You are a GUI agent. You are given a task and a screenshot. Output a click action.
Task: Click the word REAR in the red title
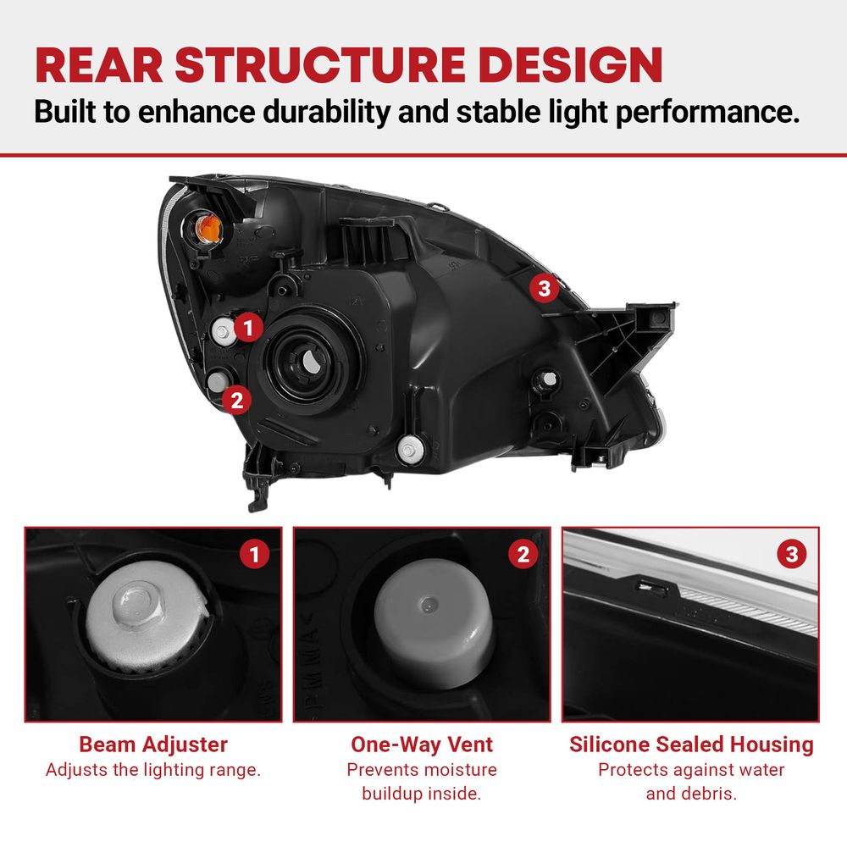99,65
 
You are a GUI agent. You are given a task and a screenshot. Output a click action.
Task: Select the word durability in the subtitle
326,112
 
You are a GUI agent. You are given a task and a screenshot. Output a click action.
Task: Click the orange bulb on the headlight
208,229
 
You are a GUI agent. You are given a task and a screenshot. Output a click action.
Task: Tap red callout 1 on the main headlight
248,327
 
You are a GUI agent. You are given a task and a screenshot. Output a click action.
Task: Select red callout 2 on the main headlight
237,401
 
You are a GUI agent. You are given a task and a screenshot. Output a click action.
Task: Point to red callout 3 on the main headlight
544,288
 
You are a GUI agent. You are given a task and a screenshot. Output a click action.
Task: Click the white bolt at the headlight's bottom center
408,449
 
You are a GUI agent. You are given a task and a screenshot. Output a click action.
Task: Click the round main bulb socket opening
309,361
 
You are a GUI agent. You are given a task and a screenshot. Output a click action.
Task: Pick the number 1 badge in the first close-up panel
254,554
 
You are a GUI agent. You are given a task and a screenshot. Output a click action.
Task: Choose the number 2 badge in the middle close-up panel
523,554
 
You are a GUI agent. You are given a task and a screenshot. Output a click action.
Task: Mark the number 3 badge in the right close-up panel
792,554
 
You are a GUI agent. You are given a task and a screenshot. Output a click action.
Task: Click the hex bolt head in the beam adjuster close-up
137,602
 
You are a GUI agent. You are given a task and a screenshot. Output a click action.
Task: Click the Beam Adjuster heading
153,745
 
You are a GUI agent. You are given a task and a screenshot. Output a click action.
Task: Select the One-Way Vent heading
422,745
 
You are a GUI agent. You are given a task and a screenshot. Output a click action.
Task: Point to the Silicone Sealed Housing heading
691,745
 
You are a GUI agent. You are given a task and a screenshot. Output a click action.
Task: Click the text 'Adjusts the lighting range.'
153,770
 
